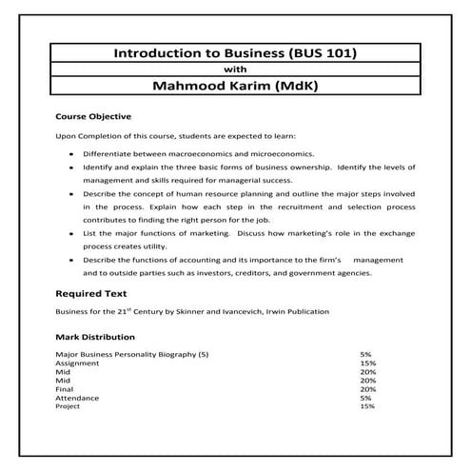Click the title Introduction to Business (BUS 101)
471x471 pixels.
(x=235, y=54)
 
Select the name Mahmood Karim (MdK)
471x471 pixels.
(x=235, y=86)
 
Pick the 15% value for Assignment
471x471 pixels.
(x=367, y=363)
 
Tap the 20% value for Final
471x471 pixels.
(x=368, y=388)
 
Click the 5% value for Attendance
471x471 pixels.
(x=365, y=397)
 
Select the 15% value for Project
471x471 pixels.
(x=367, y=406)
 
